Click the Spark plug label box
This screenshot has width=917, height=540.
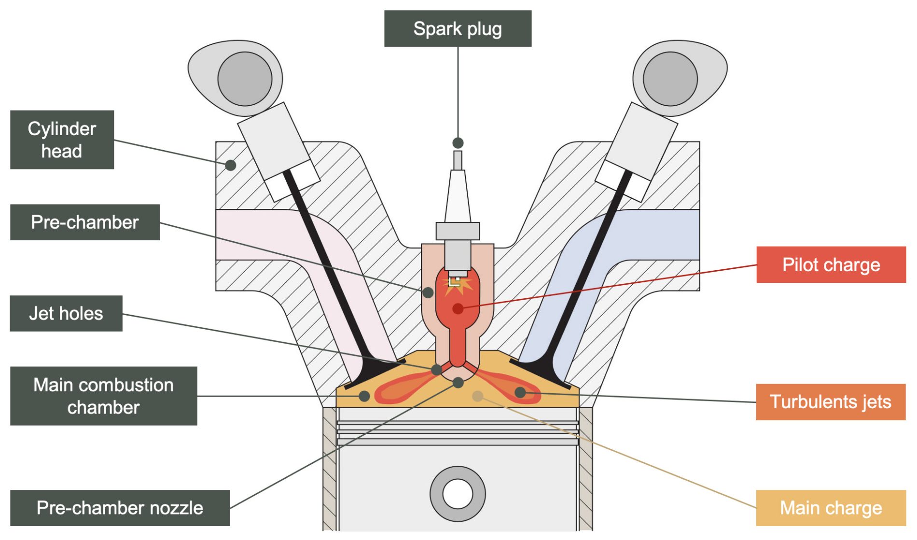[x=458, y=28]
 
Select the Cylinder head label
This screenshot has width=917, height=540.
[x=62, y=139]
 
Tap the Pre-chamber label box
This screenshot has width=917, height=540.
[x=85, y=222]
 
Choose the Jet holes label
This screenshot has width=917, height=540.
[x=66, y=313]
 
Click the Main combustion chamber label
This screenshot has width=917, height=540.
[x=103, y=396]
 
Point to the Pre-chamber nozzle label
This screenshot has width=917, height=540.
[x=120, y=508]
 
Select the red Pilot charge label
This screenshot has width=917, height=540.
[x=831, y=264]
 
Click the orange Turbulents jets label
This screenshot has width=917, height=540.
[x=830, y=402]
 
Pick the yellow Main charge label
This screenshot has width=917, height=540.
[x=831, y=508]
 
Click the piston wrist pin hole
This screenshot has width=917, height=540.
[x=458, y=494]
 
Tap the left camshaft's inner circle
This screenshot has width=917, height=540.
[x=245, y=79]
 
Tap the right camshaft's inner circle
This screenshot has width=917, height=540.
[x=670, y=79]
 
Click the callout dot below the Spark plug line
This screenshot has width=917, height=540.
[x=458, y=143]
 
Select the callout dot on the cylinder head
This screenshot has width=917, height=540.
[x=231, y=165]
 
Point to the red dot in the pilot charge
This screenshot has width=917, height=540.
[x=458, y=308]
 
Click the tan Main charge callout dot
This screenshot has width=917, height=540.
[x=478, y=396]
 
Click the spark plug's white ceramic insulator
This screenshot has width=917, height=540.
[x=458, y=198]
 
